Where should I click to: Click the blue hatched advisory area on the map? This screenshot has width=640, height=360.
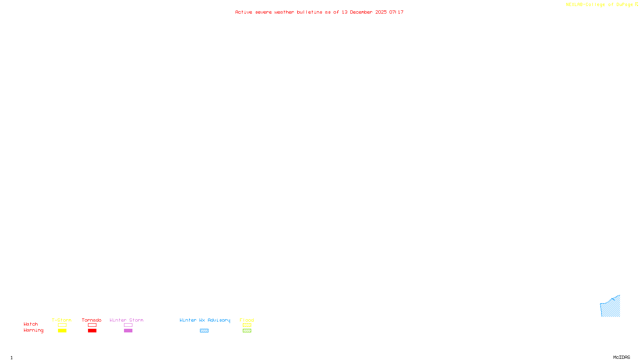pos(611,308)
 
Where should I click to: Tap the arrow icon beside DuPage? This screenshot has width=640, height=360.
pos(636,4)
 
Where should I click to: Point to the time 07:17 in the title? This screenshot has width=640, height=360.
pos(396,12)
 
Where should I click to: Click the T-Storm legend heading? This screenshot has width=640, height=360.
pos(62,320)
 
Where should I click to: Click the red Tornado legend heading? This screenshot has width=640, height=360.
pos(92,320)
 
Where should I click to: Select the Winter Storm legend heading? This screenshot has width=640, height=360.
pos(126,320)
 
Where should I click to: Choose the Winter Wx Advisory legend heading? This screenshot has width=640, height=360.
pos(205,320)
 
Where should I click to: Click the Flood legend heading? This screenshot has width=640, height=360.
pos(247,320)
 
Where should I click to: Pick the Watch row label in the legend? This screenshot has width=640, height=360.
pos(31,324)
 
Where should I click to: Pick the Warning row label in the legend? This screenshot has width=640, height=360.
pos(33,330)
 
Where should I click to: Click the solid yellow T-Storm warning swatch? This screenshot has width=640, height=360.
pos(62,331)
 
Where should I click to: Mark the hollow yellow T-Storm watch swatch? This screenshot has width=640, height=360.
pos(62,325)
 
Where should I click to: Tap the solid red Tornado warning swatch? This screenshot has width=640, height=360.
pos(92,331)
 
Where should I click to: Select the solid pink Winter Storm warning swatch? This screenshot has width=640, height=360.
pos(128,331)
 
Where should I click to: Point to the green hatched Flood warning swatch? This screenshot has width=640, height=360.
pos(247,331)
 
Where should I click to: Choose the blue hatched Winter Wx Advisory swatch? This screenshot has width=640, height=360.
pos(204,331)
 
